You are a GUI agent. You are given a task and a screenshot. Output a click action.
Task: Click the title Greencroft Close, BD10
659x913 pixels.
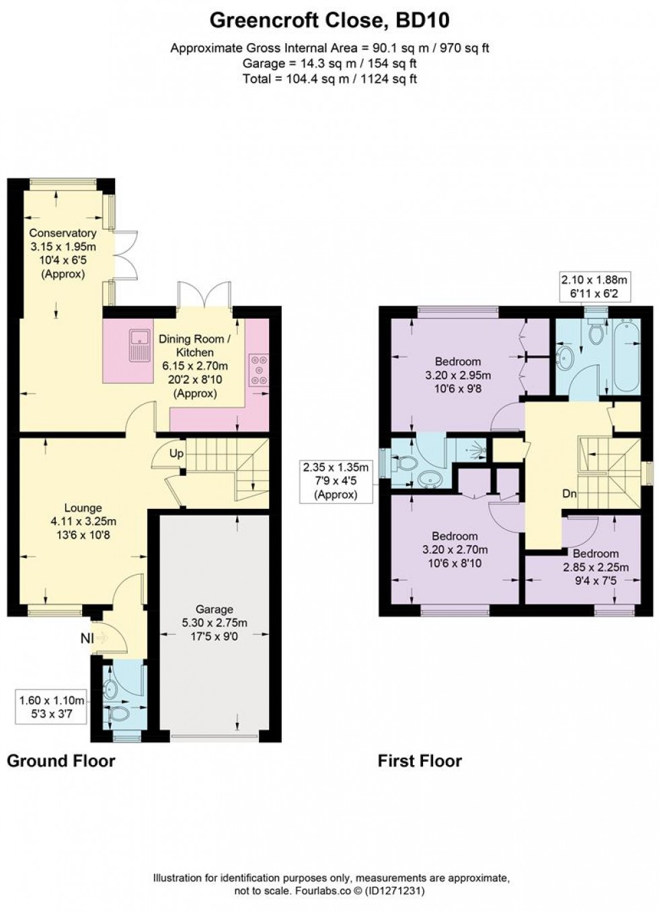[329, 20]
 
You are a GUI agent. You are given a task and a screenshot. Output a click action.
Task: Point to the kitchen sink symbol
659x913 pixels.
[140, 345]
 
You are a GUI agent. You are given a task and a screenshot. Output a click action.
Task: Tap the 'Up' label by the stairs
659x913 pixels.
[176, 454]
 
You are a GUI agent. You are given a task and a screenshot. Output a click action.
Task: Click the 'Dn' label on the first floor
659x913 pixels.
[570, 493]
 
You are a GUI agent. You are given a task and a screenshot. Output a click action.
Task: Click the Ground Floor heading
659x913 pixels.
[61, 760]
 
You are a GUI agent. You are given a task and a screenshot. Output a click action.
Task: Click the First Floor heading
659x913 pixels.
[420, 760]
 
